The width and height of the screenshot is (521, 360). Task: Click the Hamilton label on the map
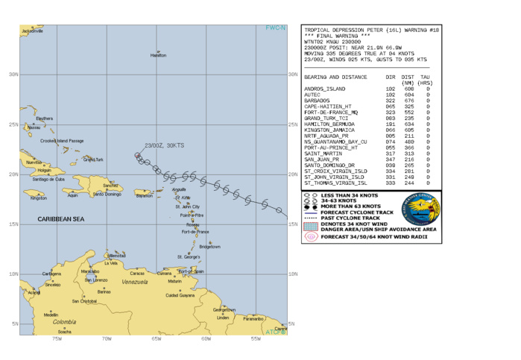tap(158, 55)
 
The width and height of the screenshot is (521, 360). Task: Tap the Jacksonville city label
tap(33, 31)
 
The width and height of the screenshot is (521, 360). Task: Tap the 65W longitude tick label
tap(156, 338)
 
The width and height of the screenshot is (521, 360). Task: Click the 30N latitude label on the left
tap(13, 74)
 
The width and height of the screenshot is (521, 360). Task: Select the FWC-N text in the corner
tap(276, 28)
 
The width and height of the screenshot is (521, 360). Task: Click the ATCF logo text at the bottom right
tap(276, 331)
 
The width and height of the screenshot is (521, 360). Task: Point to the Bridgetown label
tap(209, 246)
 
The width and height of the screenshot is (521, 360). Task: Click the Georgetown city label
tap(224, 309)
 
